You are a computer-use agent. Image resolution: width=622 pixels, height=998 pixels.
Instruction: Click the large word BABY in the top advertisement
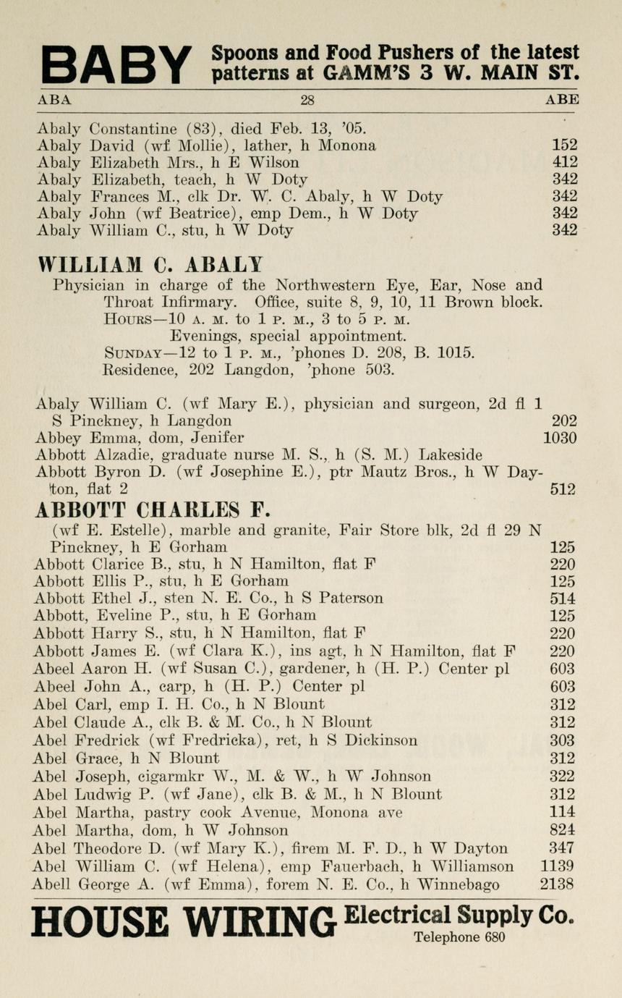116,64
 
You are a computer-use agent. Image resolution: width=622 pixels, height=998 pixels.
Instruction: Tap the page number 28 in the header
307,101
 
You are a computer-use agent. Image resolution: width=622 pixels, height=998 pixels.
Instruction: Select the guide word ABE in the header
562,101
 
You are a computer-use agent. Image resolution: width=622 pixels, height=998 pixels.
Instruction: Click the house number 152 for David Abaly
564,145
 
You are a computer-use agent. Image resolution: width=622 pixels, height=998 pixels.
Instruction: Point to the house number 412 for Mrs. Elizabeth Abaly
564,162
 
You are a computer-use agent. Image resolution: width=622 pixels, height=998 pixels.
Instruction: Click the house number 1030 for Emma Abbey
559,437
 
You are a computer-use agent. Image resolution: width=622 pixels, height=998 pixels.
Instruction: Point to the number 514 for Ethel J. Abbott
563,599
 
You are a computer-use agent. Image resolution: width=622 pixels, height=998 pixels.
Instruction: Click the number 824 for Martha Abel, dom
563,830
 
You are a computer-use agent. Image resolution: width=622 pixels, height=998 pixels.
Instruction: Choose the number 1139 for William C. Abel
558,866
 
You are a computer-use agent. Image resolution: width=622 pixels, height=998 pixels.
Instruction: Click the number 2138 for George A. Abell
557,884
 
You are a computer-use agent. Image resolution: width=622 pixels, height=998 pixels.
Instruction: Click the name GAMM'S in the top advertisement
357,74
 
